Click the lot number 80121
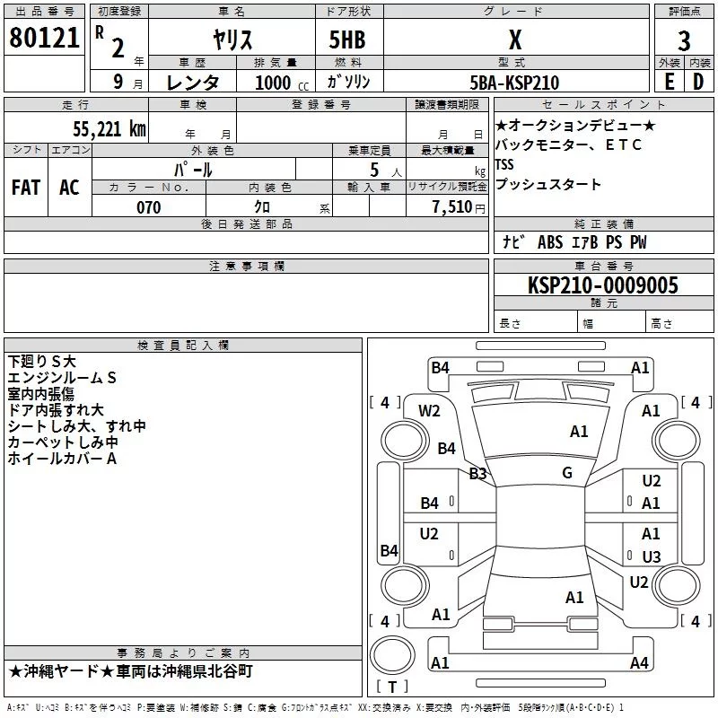[x=44, y=37]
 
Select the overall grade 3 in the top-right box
[x=684, y=41]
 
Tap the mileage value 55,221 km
[x=109, y=129]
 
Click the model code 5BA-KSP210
[x=514, y=83]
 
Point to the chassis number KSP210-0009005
[x=603, y=285]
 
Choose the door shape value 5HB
[x=347, y=39]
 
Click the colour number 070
[x=149, y=207]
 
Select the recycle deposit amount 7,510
[x=452, y=207]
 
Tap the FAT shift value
[x=26, y=188]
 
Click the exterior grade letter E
[x=670, y=82]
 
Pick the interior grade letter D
[x=698, y=82]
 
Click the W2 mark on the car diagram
[x=429, y=411]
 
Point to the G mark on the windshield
[x=567, y=472]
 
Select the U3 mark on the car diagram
[x=652, y=556]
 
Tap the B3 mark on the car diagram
[x=477, y=474]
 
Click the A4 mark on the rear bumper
[x=639, y=662]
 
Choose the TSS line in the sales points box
[x=504, y=164]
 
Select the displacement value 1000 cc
[x=282, y=83]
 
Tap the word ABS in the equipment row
[x=550, y=242]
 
